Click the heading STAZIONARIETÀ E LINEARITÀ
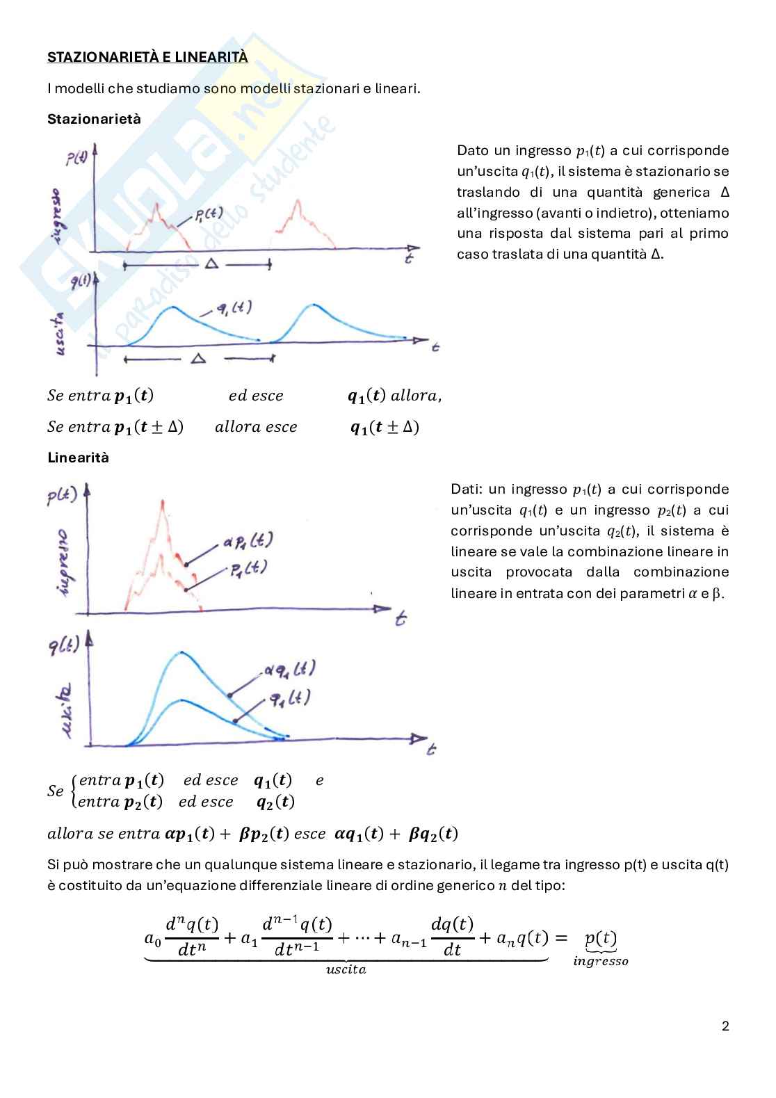pyautogui.click(x=147, y=58)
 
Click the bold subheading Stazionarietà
pyautogui.click(x=94, y=119)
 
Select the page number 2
pyautogui.click(x=725, y=1026)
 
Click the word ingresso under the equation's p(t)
pyautogui.click(x=601, y=962)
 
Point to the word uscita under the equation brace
pyautogui.click(x=346, y=969)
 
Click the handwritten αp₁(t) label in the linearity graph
pyautogui.click(x=248, y=540)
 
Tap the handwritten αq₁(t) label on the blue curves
pyautogui.click(x=289, y=670)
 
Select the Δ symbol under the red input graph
pyautogui.click(x=211, y=264)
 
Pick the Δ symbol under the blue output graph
pyautogui.click(x=198, y=358)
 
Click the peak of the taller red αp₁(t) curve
pyautogui.click(x=163, y=502)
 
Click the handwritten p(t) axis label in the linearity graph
pyautogui.click(x=62, y=496)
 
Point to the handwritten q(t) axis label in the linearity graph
pyautogui.click(x=64, y=646)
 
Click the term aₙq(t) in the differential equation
pyautogui.click(x=522, y=938)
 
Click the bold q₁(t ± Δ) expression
pyautogui.click(x=385, y=427)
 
